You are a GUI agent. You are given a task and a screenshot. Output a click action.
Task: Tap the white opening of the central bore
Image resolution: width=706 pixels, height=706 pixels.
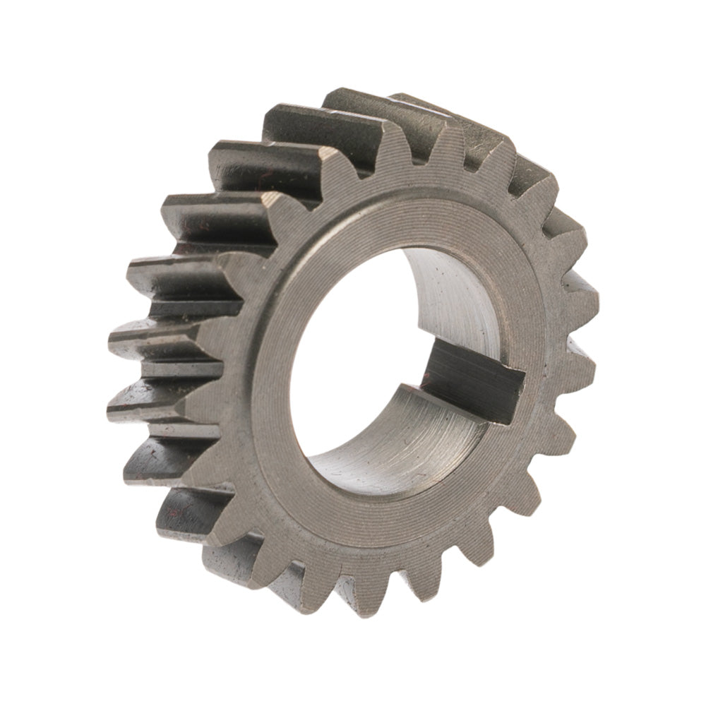[353, 353]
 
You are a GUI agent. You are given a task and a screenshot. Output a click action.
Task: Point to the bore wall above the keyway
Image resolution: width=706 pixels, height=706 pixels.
[452, 304]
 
